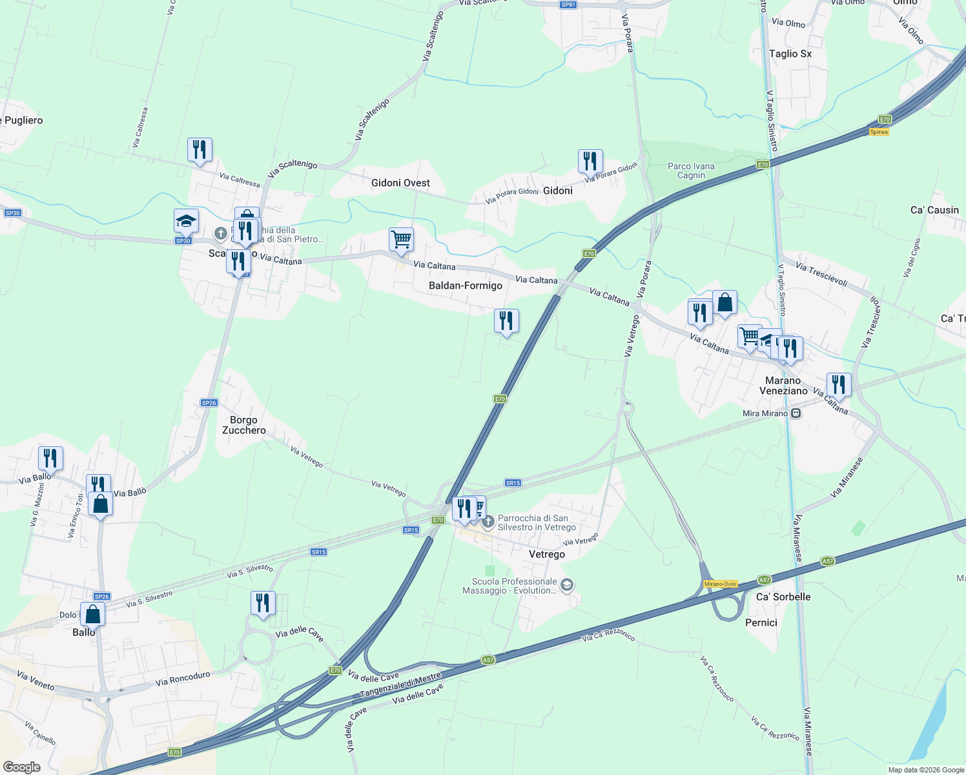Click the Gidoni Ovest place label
point(400,183)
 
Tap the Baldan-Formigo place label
point(465,285)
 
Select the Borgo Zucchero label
point(243,425)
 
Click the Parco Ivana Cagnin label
point(691,170)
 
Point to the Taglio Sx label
point(790,54)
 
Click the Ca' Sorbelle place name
point(783,597)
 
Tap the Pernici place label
point(761,623)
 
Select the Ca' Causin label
point(934,210)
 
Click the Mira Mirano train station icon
point(796,413)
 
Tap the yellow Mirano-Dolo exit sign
point(721,584)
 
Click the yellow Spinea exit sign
point(879,132)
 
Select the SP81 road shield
point(568,5)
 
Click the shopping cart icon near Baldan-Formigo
point(401,240)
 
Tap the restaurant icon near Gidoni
point(590,161)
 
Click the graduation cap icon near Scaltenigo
point(186,221)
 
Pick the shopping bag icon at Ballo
point(92,614)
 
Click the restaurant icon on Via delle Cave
point(263,603)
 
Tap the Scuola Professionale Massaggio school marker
point(567,586)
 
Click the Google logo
point(21,767)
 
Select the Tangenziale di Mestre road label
point(400,685)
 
